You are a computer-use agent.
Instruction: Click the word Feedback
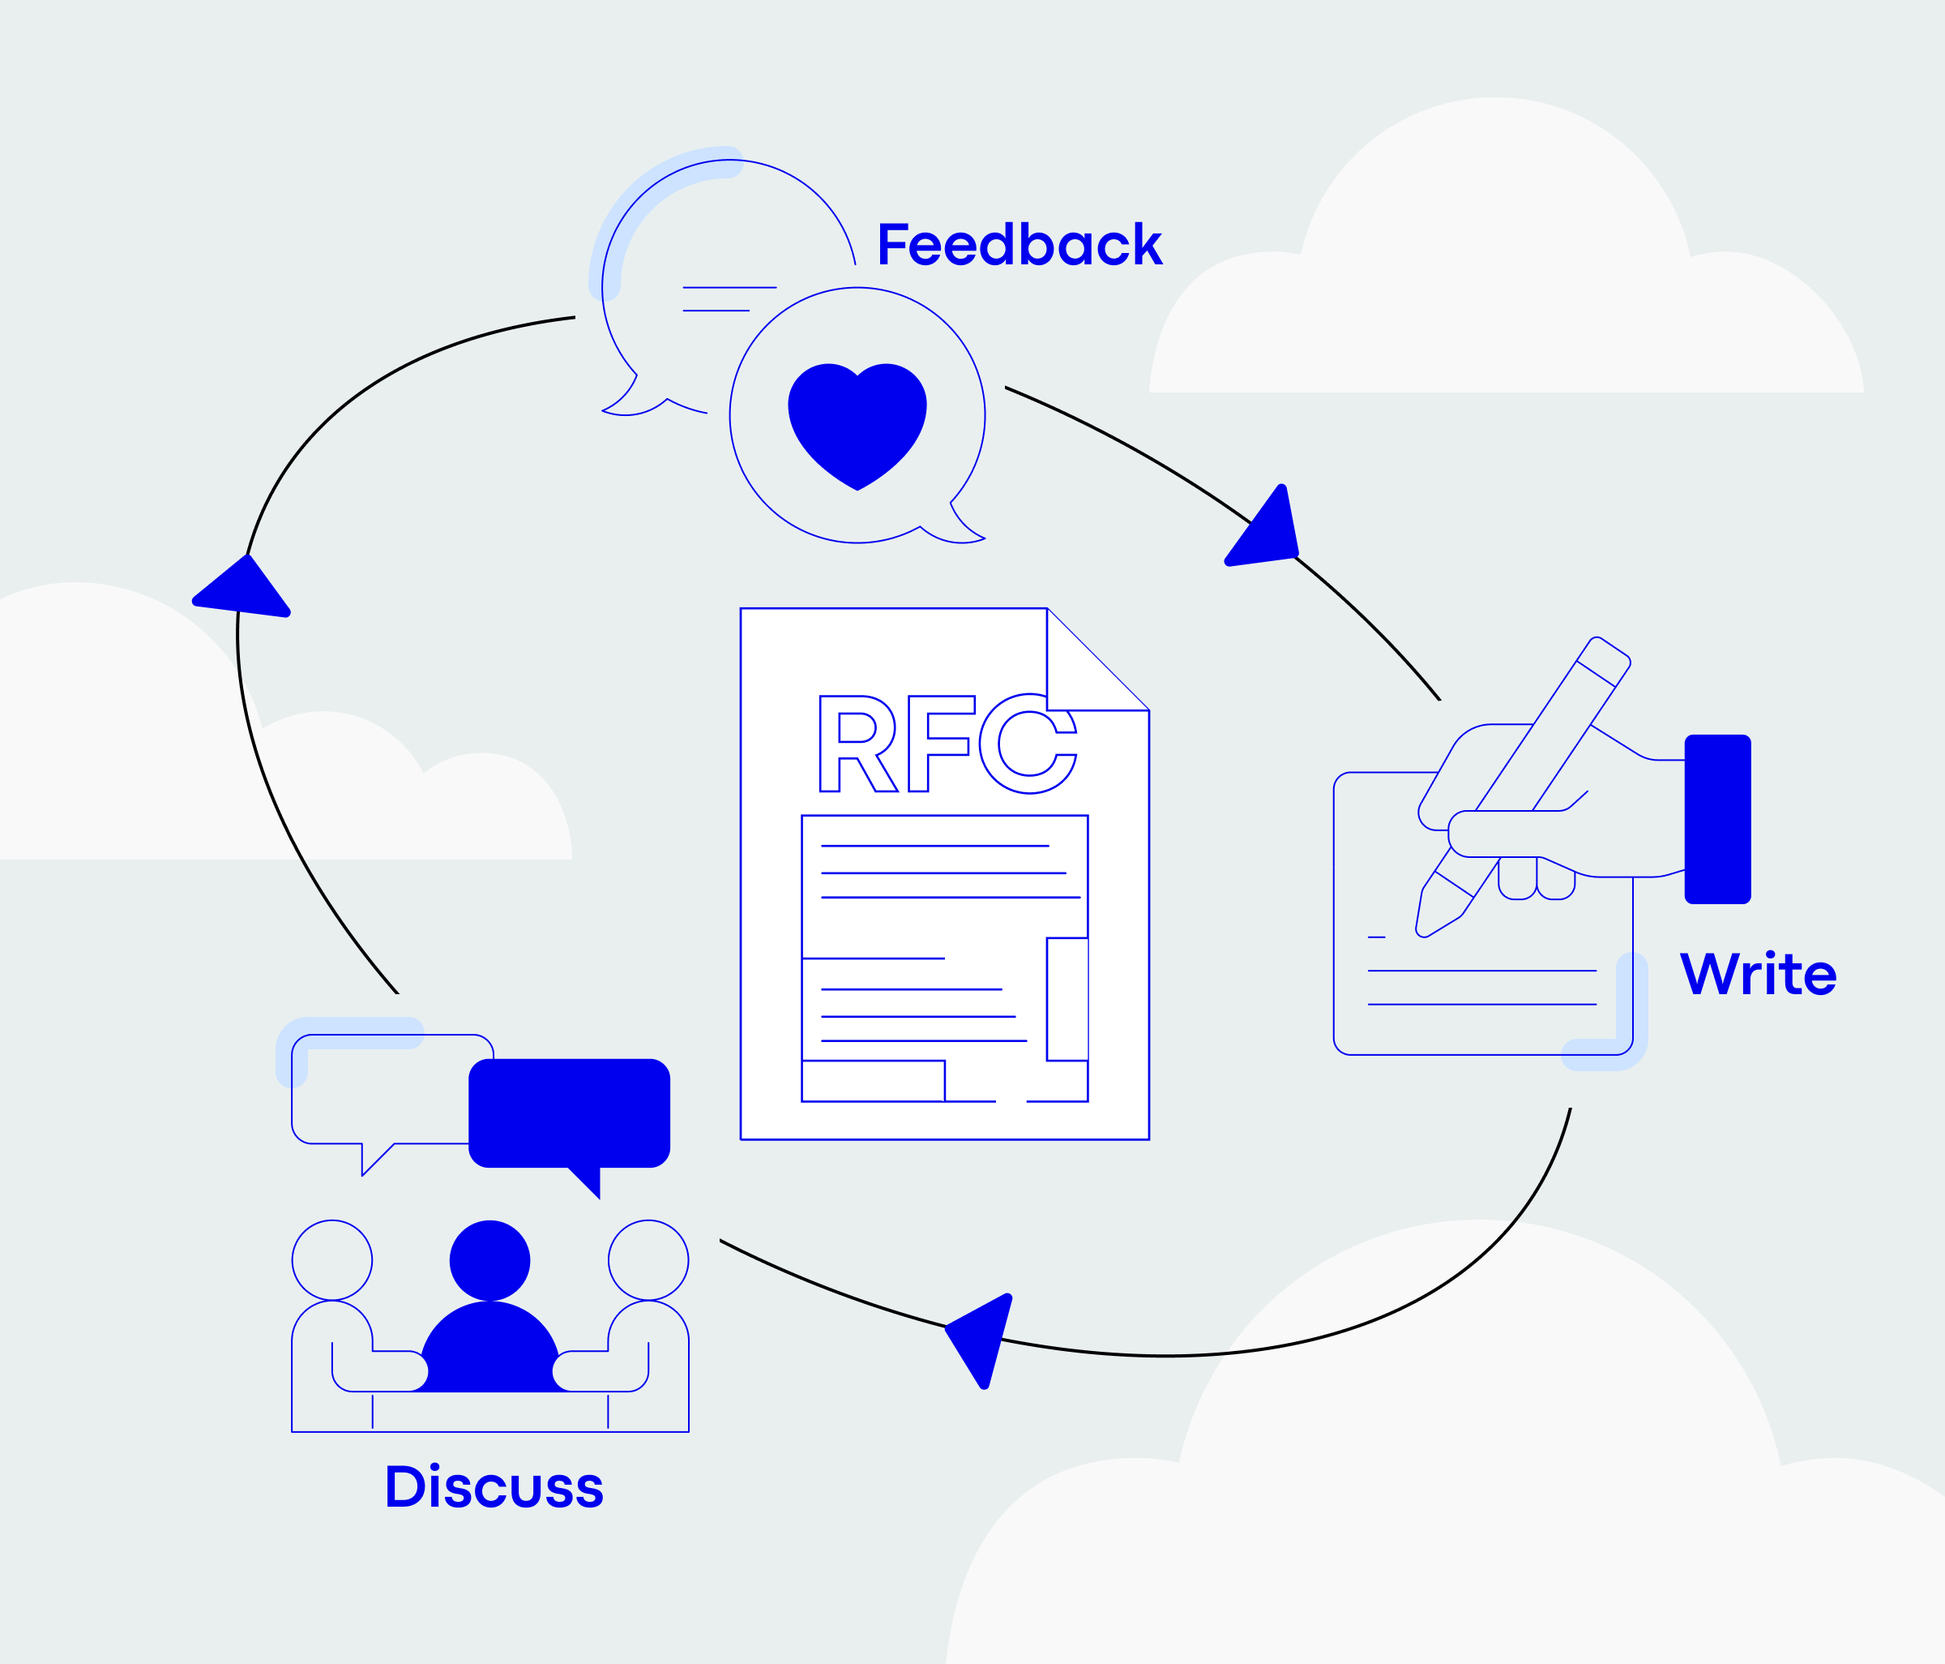coord(1020,244)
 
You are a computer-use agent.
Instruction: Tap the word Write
coord(1757,974)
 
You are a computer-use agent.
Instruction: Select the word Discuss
coord(494,1486)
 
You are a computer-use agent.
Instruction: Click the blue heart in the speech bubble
coord(857,420)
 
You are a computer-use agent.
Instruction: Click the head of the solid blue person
coord(490,1260)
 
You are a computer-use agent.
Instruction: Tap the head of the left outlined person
coord(332,1260)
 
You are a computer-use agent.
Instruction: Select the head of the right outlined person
coord(648,1260)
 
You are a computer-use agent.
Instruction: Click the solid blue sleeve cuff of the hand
coord(1718,819)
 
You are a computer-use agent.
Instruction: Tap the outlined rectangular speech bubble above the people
coord(380,1089)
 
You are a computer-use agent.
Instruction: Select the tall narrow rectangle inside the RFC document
coord(1067,999)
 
